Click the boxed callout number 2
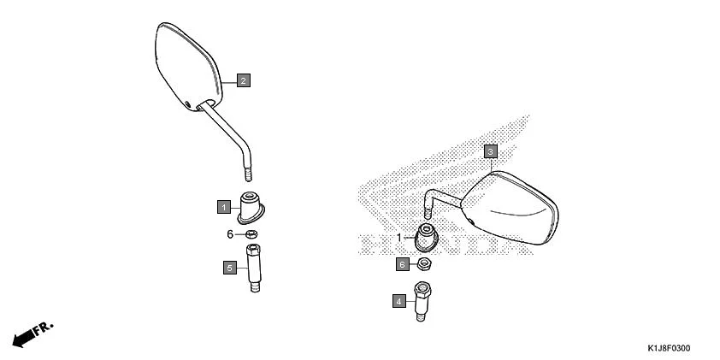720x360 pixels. click(244, 80)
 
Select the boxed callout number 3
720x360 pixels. click(490, 151)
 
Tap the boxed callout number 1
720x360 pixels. click(223, 206)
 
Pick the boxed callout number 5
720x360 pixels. click(229, 268)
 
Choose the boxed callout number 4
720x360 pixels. click(398, 300)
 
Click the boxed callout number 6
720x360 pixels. click(402, 264)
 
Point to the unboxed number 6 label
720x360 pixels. click(230, 234)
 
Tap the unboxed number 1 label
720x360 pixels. click(398, 237)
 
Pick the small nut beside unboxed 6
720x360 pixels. click(252, 234)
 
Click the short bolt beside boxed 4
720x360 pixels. click(422, 300)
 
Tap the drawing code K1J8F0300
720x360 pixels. click(669, 348)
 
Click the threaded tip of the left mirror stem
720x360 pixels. click(251, 174)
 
